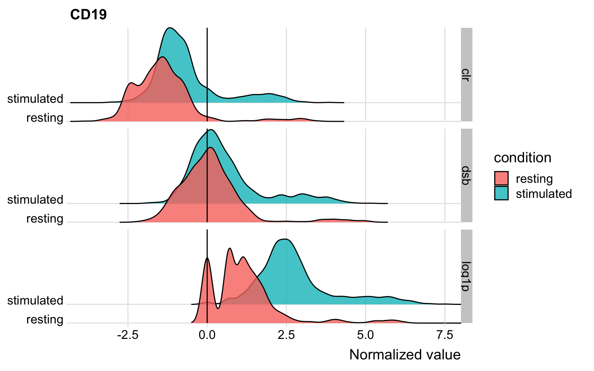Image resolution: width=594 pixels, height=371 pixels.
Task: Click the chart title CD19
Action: pyautogui.click(x=89, y=15)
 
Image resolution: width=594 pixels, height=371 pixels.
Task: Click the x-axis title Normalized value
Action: pyautogui.click(x=405, y=355)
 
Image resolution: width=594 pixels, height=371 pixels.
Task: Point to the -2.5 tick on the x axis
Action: pyautogui.click(x=128, y=335)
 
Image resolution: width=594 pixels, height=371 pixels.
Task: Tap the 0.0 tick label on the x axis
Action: pyautogui.click(x=207, y=335)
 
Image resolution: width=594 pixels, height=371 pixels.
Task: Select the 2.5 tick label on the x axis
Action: pyautogui.click(x=286, y=335)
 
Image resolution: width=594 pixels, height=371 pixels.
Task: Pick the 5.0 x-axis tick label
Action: pyautogui.click(x=365, y=335)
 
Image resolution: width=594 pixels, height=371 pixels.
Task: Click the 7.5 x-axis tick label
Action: pyautogui.click(x=445, y=335)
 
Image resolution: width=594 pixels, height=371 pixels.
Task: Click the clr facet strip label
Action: pyautogui.click(x=466, y=75)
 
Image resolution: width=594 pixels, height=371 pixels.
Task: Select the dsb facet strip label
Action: pyautogui.click(x=466, y=175)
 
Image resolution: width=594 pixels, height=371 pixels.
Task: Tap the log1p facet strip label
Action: pyautogui.click(x=466, y=276)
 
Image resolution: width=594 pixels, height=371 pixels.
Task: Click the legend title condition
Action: pyautogui.click(x=522, y=158)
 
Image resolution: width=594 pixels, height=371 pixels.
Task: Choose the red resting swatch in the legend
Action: pyautogui.click(x=501, y=179)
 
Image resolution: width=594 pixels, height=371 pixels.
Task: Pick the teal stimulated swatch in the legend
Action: pyautogui.click(x=501, y=193)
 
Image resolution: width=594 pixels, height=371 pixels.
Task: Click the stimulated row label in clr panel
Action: pyautogui.click(x=35, y=99)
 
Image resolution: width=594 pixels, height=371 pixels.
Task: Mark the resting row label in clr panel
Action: pyautogui.click(x=44, y=118)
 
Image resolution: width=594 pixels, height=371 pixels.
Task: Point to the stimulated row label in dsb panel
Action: pyautogui.click(x=35, y=200)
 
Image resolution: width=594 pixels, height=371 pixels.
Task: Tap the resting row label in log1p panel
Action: pyautogui.click(x=44, y=320)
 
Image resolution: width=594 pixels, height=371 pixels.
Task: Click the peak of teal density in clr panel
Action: pyautogui.click(x=169, y=28)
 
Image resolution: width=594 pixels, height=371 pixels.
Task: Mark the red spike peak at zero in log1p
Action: pyautogui.click(x=207, y=258)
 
